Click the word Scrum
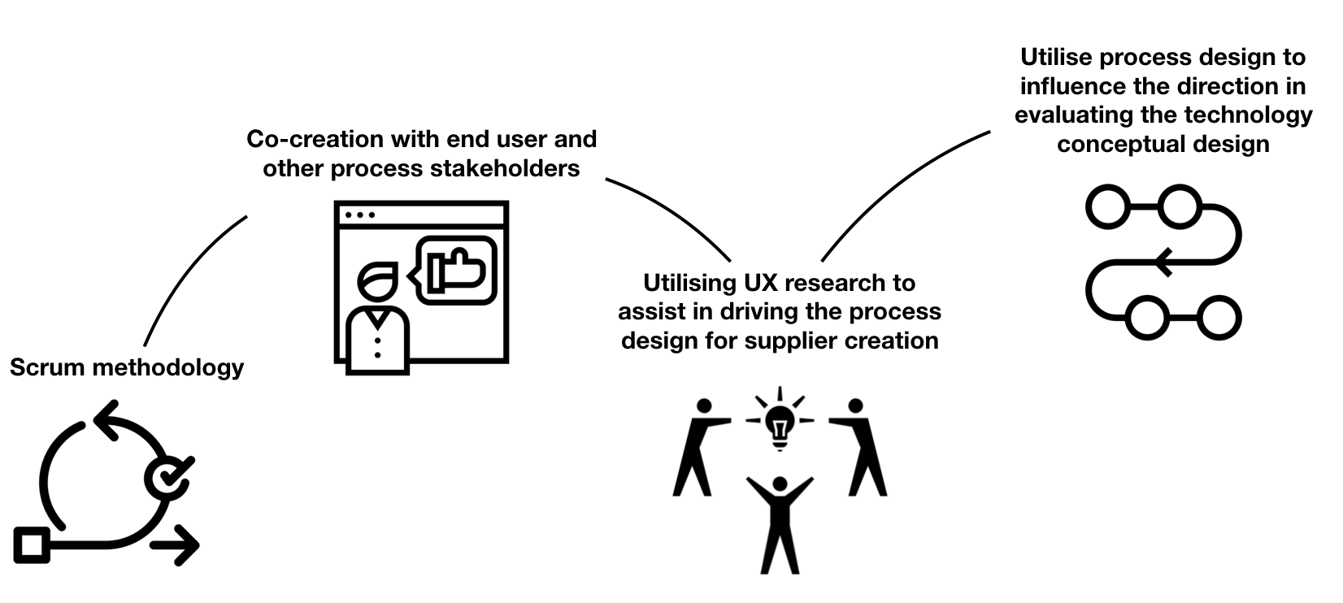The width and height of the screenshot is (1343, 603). pyautogui.click(x=47, y=367)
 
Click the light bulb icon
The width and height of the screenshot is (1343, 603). pyautogui.click(x=780, y=424)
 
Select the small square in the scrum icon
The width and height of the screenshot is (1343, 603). pyautogui.click(x=32, y=544)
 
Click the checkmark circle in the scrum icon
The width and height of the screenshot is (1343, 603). pyautogui.click(x=167, y=478)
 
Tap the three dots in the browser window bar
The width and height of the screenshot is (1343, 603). pyautogui.click(x=360, y=215)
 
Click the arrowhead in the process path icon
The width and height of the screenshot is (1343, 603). pyautogui.click(x=1163, y=262)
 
